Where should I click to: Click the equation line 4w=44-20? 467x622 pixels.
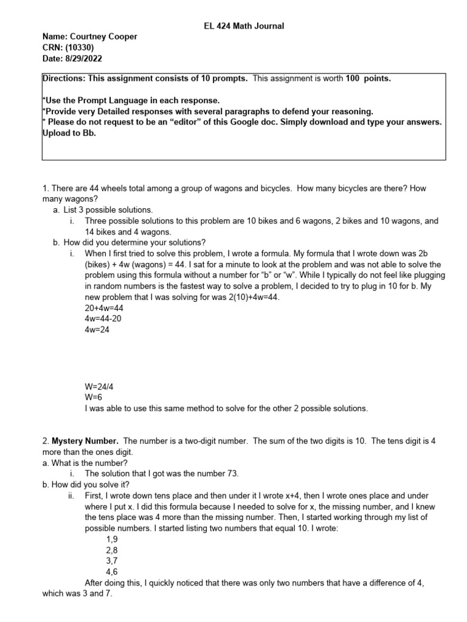pos(107,319)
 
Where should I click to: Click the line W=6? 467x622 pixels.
pos(95,398)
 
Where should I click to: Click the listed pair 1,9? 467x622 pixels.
pos(111,539)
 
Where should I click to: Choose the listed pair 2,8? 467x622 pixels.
pos(111,550)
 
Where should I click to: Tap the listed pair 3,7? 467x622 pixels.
pos(111,561)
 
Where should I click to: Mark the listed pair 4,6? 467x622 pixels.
pos(111,572)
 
